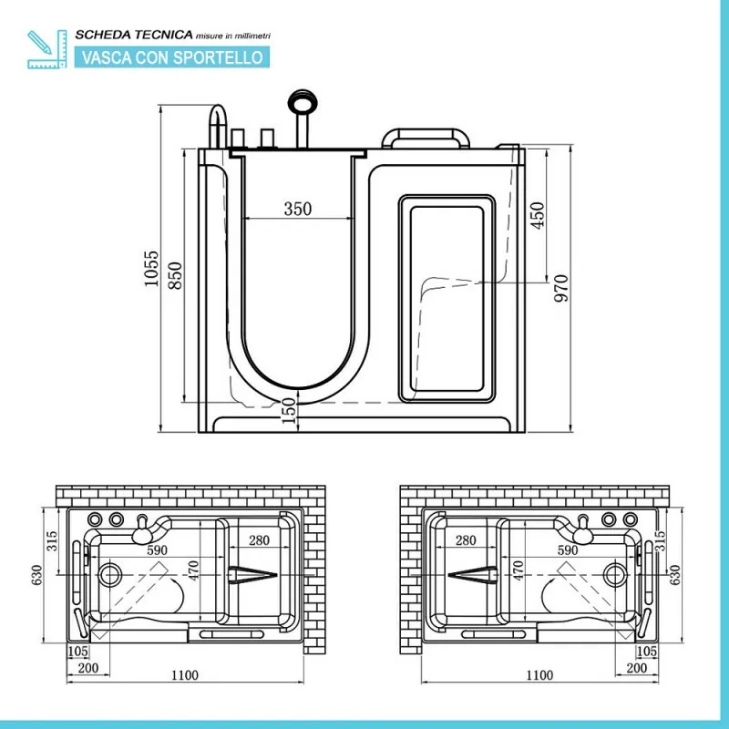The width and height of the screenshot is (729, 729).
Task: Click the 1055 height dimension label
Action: (151, 268)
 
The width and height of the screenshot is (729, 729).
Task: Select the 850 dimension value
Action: (175, 275)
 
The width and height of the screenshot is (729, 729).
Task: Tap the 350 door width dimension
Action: (298, 209)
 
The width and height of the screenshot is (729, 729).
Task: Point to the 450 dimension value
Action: (537, 215)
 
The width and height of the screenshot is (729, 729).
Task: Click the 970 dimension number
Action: (561, 288)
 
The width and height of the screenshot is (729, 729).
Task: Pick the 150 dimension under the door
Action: (289, 410)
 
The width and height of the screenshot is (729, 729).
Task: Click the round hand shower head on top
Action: (303, 101)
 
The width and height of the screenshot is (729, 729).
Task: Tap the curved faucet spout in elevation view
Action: (218, 126)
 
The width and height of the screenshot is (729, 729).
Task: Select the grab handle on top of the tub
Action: (425, 139)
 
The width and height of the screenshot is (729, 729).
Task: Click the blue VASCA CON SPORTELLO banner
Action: (172, 57)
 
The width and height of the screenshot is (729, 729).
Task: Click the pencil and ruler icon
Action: (46, 49)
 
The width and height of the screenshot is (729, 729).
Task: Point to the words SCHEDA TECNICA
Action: (134, 35)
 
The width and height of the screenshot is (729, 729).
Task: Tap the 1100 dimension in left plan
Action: (185, 674)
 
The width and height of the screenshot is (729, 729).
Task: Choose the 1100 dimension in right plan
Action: (539, 674)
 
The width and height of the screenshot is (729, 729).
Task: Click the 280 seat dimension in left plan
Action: (259, 540)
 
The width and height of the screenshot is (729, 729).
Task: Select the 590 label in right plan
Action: (567, 550)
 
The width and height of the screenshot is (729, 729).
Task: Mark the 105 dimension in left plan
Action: (77, 652)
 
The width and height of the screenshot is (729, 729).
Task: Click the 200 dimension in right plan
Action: (636, 668)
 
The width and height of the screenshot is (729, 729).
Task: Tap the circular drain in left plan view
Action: (110, 575)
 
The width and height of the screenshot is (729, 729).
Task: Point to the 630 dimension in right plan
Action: (674, 575)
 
